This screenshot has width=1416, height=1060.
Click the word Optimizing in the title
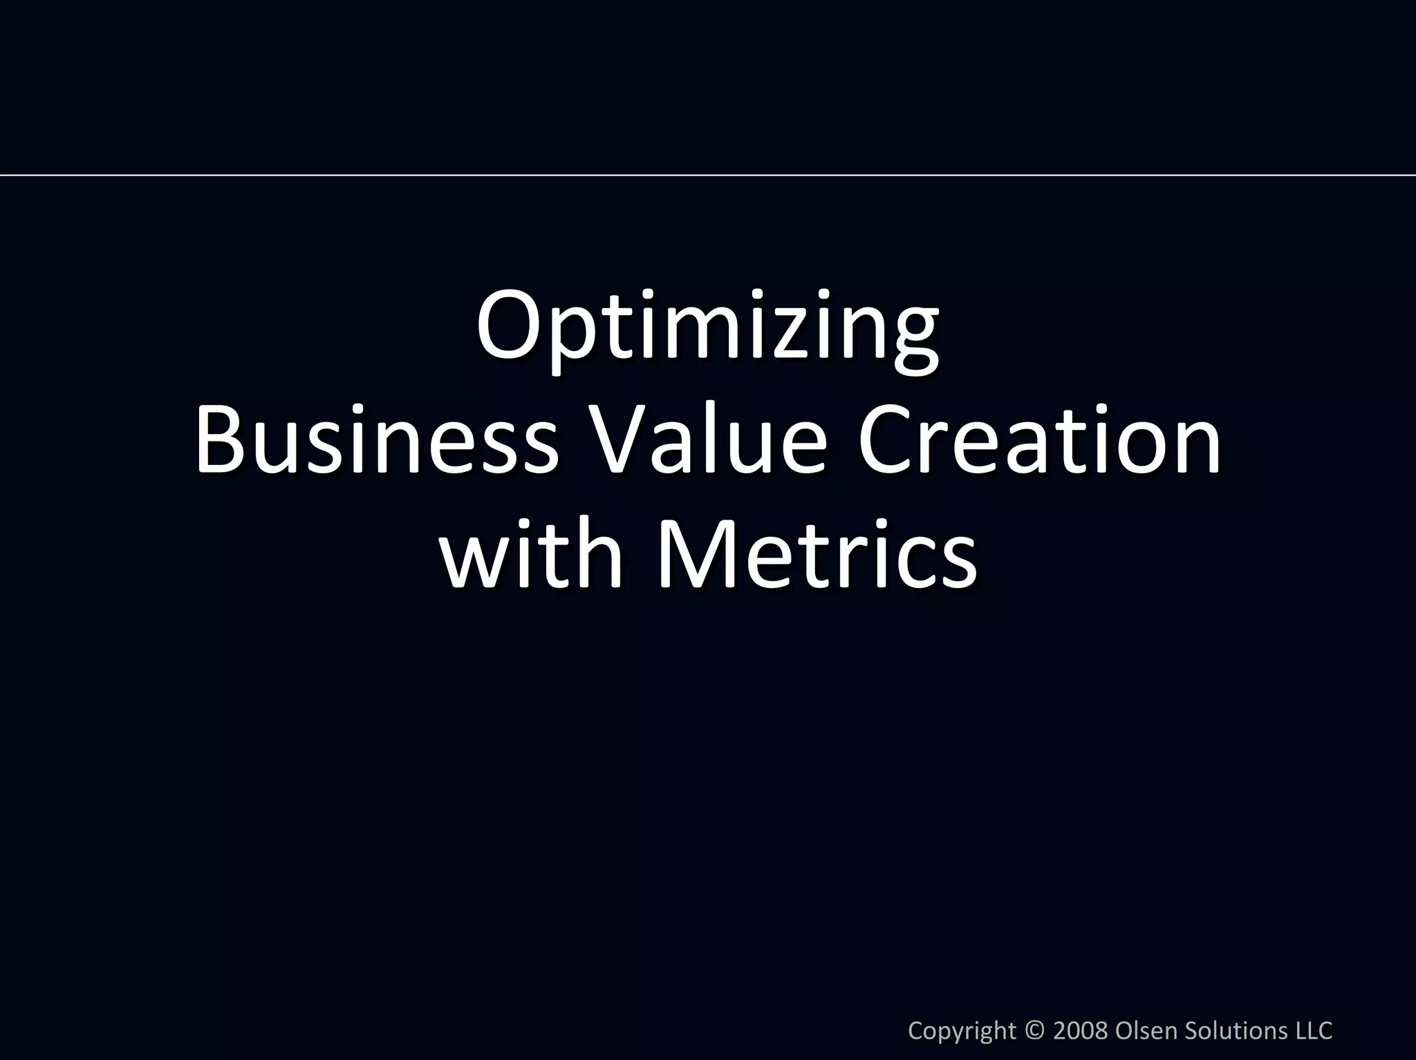pos(707,328)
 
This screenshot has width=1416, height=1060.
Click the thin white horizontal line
pos(708,176)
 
